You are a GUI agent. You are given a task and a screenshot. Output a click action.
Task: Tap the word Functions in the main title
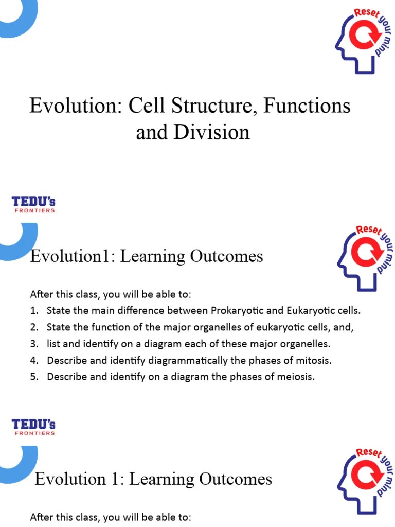(307, 106)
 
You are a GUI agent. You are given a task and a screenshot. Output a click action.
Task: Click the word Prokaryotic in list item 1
(240, 311)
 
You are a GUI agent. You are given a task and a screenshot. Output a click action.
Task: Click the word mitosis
(315, 360)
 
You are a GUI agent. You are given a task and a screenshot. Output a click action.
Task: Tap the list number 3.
(33, 344)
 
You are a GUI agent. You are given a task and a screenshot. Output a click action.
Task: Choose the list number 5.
(33, 377)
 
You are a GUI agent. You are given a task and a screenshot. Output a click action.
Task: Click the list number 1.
(33, 311)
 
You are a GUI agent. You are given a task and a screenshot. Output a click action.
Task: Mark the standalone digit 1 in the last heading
(118, 480)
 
